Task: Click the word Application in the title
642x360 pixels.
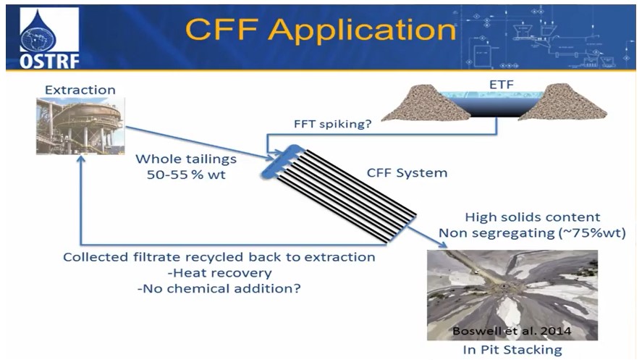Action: click(356, 30)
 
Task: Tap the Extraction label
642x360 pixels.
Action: click(80, 90)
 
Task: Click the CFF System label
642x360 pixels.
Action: click(408, 173)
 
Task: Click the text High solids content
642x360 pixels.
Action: click(533, 217)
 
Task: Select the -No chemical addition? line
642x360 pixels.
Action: click(219, 288)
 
